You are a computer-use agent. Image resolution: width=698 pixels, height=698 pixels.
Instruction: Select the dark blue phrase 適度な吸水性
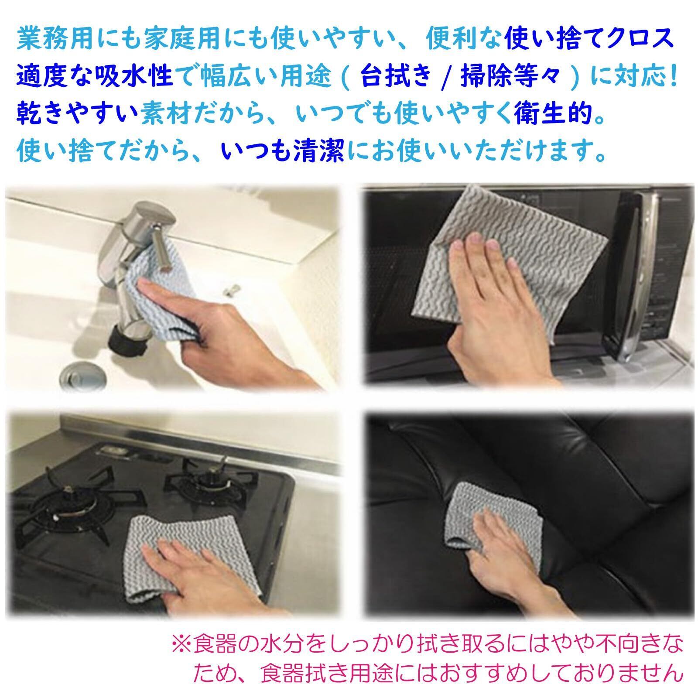tap(95, 78)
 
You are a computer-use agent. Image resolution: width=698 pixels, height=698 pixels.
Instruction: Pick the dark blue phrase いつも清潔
tap(283, 153)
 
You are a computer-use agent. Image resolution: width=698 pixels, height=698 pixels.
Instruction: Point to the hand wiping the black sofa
tap(515, 563)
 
